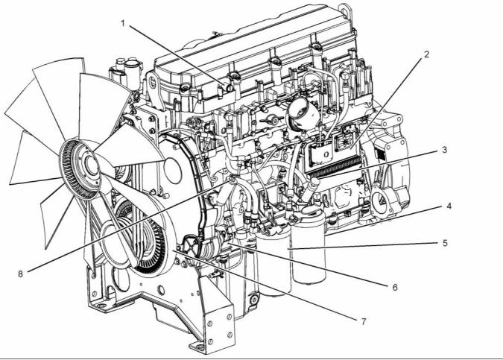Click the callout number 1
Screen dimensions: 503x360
click(123, 23)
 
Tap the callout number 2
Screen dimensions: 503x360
click(426, 54)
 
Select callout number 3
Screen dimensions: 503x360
click(444, 150)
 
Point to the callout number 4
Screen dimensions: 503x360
click(449, 206)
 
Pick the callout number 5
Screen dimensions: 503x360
click(445, 243)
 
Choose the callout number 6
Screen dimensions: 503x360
click(395, 287)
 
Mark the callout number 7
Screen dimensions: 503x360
click(364, 321)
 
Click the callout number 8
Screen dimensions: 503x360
click(21, 274)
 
